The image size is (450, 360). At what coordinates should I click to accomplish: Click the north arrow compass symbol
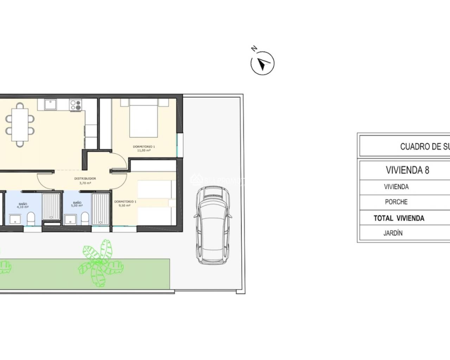(262, 63)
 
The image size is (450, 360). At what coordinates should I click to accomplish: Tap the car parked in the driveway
(213, 225)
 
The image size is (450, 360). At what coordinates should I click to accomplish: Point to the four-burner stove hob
(76, 105)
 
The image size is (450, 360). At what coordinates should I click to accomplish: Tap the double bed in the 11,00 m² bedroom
(144, 118)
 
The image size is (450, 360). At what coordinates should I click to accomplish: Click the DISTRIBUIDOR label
(85, 179)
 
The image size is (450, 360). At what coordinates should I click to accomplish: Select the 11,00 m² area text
(144, 150)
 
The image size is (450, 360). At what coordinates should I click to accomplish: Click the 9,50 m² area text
(125, 205)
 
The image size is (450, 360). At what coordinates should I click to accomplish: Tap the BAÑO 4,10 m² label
(23, 205)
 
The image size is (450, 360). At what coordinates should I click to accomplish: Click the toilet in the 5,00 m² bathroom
(85, 218)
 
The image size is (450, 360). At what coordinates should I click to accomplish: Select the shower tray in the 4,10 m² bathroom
(51, 207)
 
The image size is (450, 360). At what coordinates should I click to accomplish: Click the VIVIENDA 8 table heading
(407, 170)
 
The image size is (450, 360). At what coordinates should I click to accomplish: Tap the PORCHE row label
(396, 202)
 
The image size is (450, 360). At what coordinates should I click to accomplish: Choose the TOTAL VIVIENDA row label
(399, 218)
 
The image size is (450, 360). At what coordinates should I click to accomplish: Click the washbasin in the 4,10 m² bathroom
(15, 220)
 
